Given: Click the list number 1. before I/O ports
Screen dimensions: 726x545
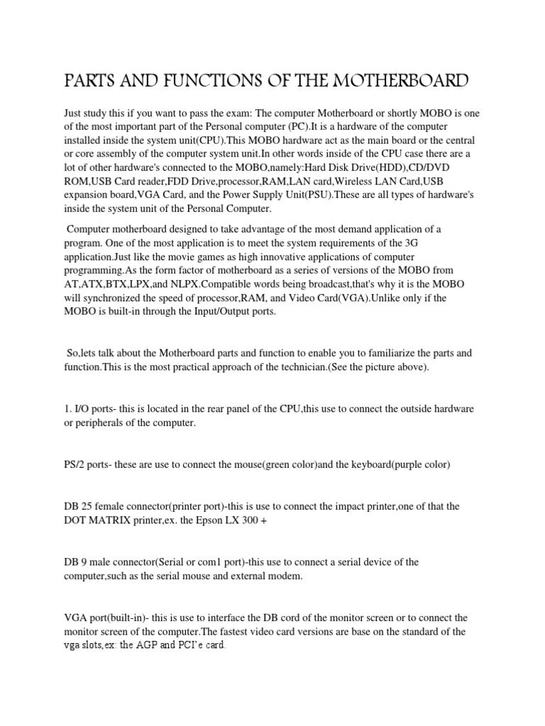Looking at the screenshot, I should click(68, 410).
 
